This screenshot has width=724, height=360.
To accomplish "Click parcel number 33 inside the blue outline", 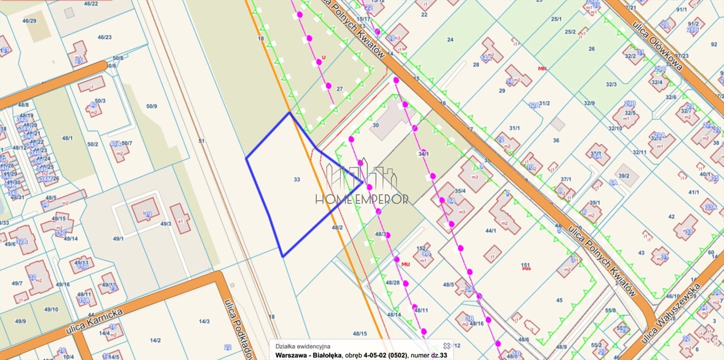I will pyautogui.click(x=297, y=180).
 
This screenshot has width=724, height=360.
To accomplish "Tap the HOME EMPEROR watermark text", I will pyautogui.click(x=362, y=199).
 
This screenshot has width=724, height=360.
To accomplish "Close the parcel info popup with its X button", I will pyautogui.click(x=447, y=345).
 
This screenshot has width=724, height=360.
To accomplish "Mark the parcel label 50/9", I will pyautogui.click(x=151, y=106).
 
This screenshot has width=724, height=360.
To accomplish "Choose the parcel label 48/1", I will pyautogui.click(x=67, y=138).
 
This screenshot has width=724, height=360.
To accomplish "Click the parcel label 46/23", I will pyautogui.click(x=104, y=37).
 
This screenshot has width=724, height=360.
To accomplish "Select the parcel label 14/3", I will pyautogui.click(x=204, y=322).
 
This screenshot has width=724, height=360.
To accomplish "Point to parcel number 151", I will pyautogui.click(x=525, y=265).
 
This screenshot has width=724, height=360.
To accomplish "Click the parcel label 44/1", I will pyautogui.click(x=491, y=231).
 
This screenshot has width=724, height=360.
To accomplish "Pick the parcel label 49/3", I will pyautogui.click(x=166, y=224).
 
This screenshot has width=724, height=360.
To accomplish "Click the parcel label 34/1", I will pyautogui.click(x=424, y=153).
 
